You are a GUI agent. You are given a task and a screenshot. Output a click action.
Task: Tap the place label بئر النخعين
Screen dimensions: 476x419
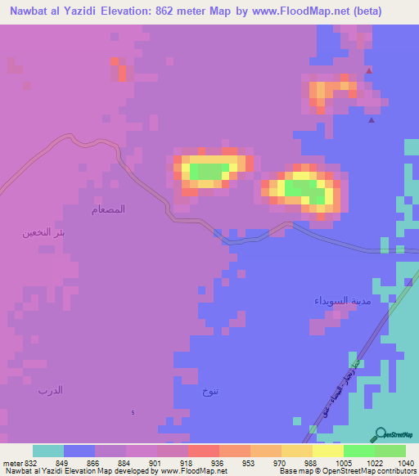click(x=43, y=232)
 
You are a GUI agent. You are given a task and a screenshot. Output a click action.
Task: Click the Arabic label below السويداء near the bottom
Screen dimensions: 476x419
click(x=210, y=393)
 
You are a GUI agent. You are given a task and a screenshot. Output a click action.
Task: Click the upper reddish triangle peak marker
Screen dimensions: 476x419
click(x=369, y=70)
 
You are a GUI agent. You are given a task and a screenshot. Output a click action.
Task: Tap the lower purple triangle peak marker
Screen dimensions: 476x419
click(x=372, y=120)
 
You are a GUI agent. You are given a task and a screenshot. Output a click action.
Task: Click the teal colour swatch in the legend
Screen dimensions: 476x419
click(x=48, y=451)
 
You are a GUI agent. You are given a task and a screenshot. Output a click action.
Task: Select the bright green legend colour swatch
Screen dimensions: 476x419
click(x=358, y=451)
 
